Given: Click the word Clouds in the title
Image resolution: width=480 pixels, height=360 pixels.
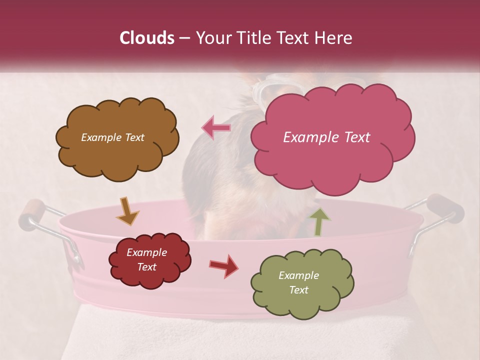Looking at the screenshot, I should pos(147,38).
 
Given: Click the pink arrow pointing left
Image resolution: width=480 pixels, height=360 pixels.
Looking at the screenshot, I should pos(216,128).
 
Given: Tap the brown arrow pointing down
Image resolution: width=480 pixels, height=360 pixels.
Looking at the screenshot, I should pos(127,211).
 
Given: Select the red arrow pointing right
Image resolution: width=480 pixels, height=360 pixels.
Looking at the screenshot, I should pos(223,265).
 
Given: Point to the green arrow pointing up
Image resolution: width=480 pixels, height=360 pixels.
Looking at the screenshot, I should pos(319,221).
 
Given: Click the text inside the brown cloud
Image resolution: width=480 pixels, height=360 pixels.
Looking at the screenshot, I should pos(112,137).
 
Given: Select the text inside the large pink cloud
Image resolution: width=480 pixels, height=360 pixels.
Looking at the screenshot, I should pos(326,137).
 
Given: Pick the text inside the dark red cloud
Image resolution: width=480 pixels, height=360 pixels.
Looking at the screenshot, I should pos(146,260).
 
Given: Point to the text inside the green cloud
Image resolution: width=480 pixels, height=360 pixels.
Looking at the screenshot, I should pos(298,282).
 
